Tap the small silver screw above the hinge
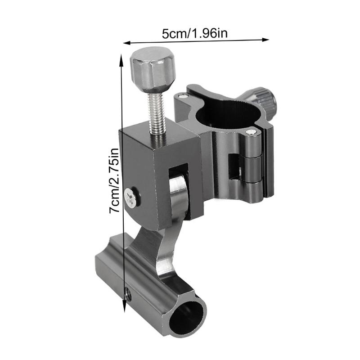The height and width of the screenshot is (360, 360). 251,132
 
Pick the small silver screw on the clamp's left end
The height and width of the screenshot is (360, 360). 181,95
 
